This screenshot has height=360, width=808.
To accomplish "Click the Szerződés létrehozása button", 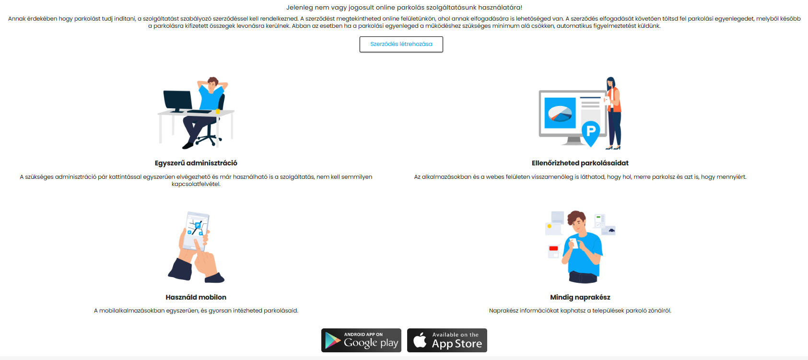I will (401, 44).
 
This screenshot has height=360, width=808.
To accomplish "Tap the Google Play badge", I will (361, 340).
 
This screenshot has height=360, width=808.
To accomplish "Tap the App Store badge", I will (447, 340).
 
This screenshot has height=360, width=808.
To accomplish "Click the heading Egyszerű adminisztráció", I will (196, 163).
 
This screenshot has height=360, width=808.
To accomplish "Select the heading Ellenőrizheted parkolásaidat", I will (580, 163).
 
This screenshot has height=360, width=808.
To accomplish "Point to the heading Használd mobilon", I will (196, 297).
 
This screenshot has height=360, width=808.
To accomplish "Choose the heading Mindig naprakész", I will (580, 297).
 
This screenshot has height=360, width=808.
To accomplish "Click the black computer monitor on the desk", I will (177, 100).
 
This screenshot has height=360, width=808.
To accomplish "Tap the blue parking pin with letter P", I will (591, 132).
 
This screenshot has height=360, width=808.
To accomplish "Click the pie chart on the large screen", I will (560, 114).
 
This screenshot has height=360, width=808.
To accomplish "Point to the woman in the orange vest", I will (613, 110).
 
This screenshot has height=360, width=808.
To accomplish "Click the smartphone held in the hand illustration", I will (197, 228).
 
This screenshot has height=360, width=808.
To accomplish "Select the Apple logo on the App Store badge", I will (420, 340).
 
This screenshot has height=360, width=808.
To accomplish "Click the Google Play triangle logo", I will (332, 340).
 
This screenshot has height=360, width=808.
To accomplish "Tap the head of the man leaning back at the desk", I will (213, 82).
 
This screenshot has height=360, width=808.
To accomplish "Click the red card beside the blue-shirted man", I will (553, 248).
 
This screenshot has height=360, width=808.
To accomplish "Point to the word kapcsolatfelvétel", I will (196, 184).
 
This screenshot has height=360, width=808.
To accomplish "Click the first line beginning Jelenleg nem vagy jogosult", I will (404, 8).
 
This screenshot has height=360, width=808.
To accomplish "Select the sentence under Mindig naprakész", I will (580, 311).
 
